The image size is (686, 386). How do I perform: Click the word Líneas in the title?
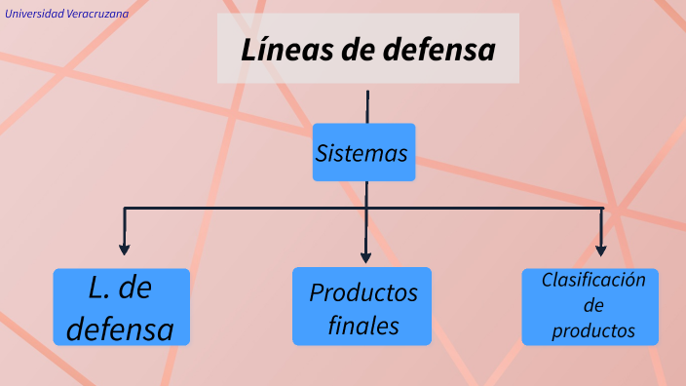[286, 49]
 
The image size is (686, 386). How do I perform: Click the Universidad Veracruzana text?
[66, 14]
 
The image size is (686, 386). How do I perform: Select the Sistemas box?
[363, 152]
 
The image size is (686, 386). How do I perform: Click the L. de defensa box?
[122, 307]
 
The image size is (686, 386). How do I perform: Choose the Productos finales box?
[362, 307]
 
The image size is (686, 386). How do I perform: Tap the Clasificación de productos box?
[591, 306]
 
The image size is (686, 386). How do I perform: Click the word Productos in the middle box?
[363, 292]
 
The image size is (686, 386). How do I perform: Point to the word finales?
[363, 326]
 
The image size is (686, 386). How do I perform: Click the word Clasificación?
[593, 281]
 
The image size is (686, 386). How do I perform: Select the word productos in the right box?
[593, 331]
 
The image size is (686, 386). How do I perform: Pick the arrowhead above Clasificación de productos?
[601, 249]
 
